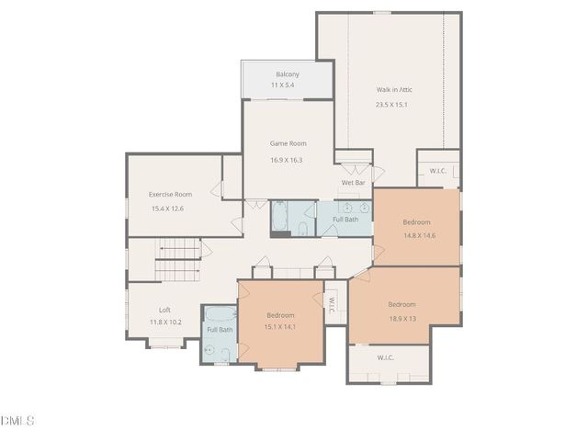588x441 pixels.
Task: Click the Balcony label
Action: click(287, 74)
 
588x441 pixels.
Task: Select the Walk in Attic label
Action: click(395, 90)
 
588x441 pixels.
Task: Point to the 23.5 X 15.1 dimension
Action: click(391, 105)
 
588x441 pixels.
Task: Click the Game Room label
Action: click(288, 143)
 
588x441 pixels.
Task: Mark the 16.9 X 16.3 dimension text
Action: click(287, 160)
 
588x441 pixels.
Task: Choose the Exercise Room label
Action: click(170, 194)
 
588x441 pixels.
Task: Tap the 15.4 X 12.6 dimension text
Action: click(167, 209)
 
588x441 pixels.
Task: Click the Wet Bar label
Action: click(354, 183)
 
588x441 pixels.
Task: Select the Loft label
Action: click(164, 310)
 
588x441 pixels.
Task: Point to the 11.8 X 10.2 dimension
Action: click(165, 322)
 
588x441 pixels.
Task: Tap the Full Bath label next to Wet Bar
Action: click(345, 220)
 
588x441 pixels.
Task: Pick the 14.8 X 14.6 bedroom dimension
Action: click(418, 235)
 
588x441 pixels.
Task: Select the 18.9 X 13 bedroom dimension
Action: click(401, 318)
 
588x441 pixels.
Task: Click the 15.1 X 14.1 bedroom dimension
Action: click(280, 326)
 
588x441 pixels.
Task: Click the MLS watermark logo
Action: click(18, 421)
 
